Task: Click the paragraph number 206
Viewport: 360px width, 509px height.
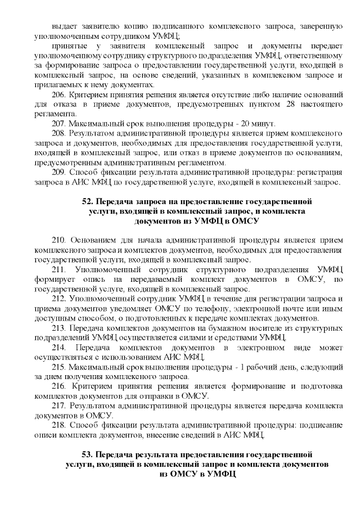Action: [58, 94]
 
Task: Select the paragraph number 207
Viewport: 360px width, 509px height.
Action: [58, 123]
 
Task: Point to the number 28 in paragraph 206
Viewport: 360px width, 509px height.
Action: [282, 104]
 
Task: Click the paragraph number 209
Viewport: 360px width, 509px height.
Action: [58, 172]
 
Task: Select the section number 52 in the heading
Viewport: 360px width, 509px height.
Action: [88, 201]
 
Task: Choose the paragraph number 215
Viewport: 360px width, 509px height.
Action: [58, 367]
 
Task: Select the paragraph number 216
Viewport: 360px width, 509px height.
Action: [58, 386]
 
